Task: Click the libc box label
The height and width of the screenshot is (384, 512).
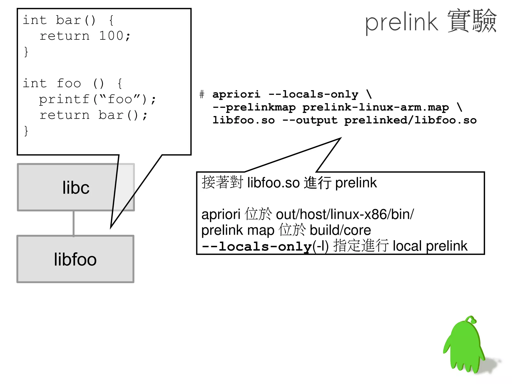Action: (x=76, y=188)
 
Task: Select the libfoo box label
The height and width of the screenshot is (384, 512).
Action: (x=75, y=259)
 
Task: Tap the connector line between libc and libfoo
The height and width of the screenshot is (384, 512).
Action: (x=73, y=223)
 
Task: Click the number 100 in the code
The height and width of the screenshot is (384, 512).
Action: (x=111, y=36)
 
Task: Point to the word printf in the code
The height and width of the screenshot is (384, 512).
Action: (x=64, y=99)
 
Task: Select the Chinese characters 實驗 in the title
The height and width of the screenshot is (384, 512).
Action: (x=472, y=21)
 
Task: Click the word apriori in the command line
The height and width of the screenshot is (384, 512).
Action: (x=236, y=95)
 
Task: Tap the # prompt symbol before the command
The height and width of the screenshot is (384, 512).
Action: (x=202, y=95)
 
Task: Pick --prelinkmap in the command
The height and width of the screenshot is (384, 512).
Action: (x=254, y=108)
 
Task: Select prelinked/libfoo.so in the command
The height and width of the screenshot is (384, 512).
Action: (x=410, y=121)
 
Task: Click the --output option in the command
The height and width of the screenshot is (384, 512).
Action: (x=310, y=121)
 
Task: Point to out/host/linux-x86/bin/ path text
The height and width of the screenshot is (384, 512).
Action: (x=345, y=214)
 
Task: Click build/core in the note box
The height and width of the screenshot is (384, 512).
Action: (x=340, y=230)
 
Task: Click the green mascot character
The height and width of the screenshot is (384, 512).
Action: (x=464, y=348)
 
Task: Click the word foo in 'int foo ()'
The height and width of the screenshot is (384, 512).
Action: (x=69, y=83)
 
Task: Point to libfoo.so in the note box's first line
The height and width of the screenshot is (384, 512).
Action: (x=273, y=183)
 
